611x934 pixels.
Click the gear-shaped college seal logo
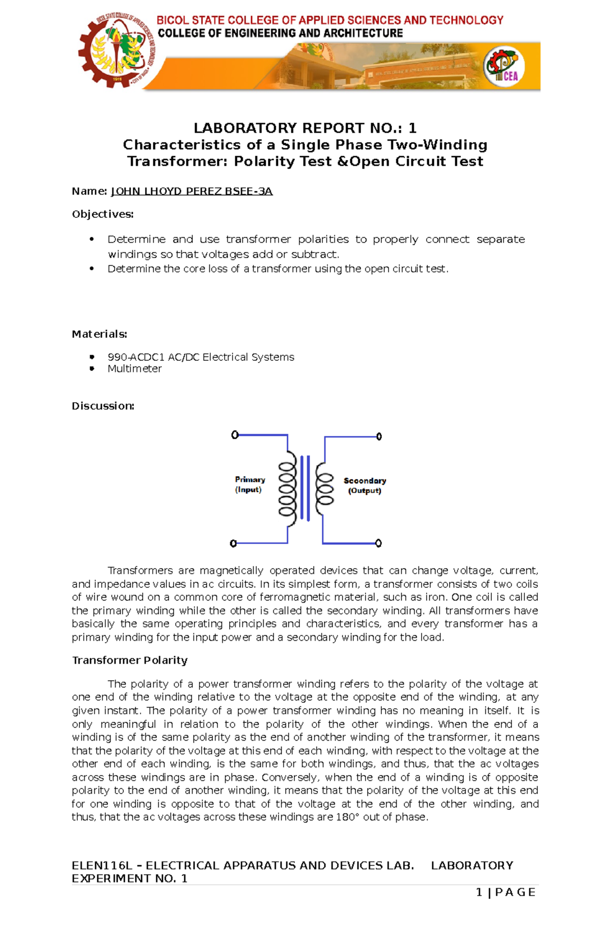pyautogui.click(x=117, y=50)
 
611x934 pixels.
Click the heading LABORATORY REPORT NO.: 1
pyautogui.click(x=305, y=128)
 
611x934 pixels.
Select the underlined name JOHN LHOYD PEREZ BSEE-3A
pyautogui.click(x=192, y=191)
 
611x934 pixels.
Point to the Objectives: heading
pyautogui.click(x=102, y=214)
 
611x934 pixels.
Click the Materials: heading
pyautogui.click(x=99, y=334)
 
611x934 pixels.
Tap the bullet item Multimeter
pyautogui.click(x=134, y=369)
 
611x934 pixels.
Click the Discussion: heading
pyautogui.click(x=103, y=406)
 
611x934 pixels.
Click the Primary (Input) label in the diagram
pyautogui.click(x=249, y=485)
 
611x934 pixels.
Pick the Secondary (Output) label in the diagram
pyautogui.click(x=365, y=486)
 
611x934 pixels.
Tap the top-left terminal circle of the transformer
pyautogui.click(x=235, y=435)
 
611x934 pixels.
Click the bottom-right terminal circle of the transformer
pyautogui.click(x=378, y=543)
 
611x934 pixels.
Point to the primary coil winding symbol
pyautogui.click(x=287, y=489)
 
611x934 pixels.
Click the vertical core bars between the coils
pyautogui.click(x=305, y=488)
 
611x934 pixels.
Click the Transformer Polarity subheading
pyautogui.click(x=130, y=660)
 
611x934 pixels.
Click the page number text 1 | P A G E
pyautogui.click(x=505, y=892)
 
